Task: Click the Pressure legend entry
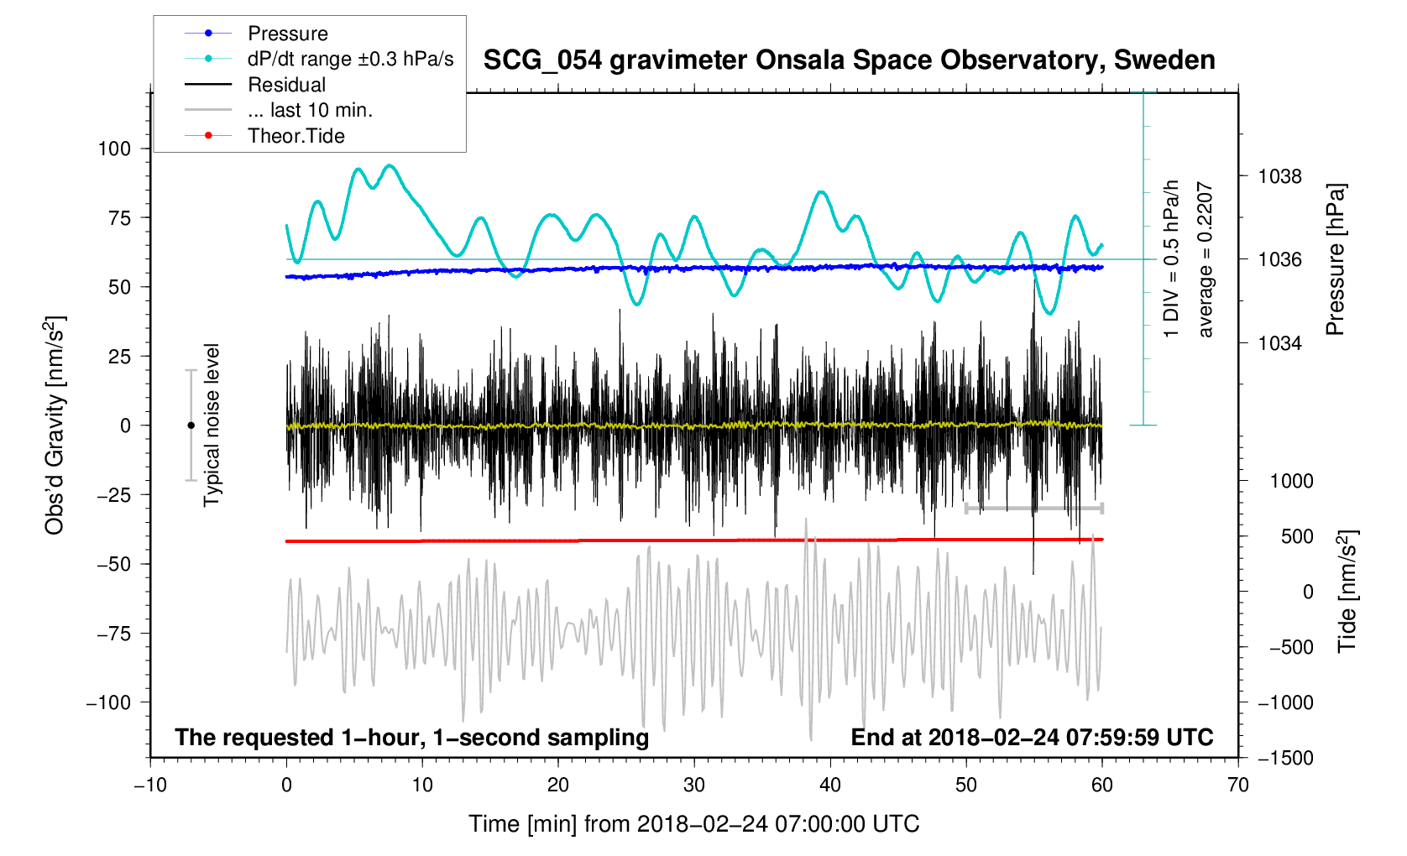point(287,34)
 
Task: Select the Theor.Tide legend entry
point(296,136)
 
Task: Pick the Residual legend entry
point(286,85)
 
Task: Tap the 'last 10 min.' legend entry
point(310,110)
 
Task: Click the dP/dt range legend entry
point(350,59)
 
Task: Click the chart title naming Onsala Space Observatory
point(849,60)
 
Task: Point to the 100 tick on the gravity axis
point(114,149)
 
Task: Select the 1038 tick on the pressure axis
point(1279,176)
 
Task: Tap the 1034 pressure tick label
point(1279,343)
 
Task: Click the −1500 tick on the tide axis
point(1285,758)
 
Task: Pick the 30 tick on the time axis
point(694,785)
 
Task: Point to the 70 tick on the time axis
point(1237,785)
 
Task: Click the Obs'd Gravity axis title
point(55,425)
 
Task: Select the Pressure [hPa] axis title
point(1335,259)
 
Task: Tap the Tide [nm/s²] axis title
point(1347,592)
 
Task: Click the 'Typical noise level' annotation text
point(212,425)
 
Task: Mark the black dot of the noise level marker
point(191,425)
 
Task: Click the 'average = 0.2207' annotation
point(1206,259)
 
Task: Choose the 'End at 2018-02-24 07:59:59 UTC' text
point(1032,738)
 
